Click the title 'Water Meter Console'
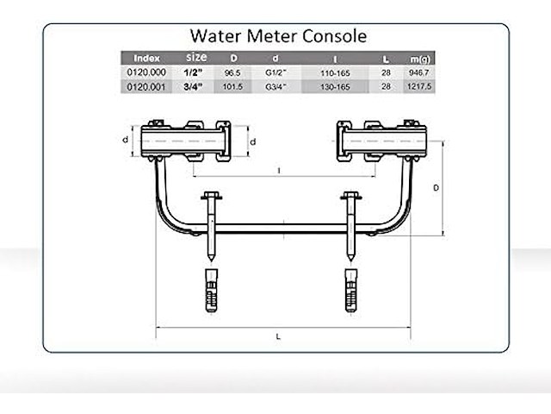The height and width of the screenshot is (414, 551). point(277,36)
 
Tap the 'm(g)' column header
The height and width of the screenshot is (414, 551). point(420,58)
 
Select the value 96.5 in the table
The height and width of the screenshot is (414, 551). point(232,74)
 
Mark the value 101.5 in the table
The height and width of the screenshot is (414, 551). point(232,88)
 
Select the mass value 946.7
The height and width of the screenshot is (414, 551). point(420,74)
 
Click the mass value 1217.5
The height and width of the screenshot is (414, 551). point(420,88)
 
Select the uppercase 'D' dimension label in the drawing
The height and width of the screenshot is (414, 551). point(436,187)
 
